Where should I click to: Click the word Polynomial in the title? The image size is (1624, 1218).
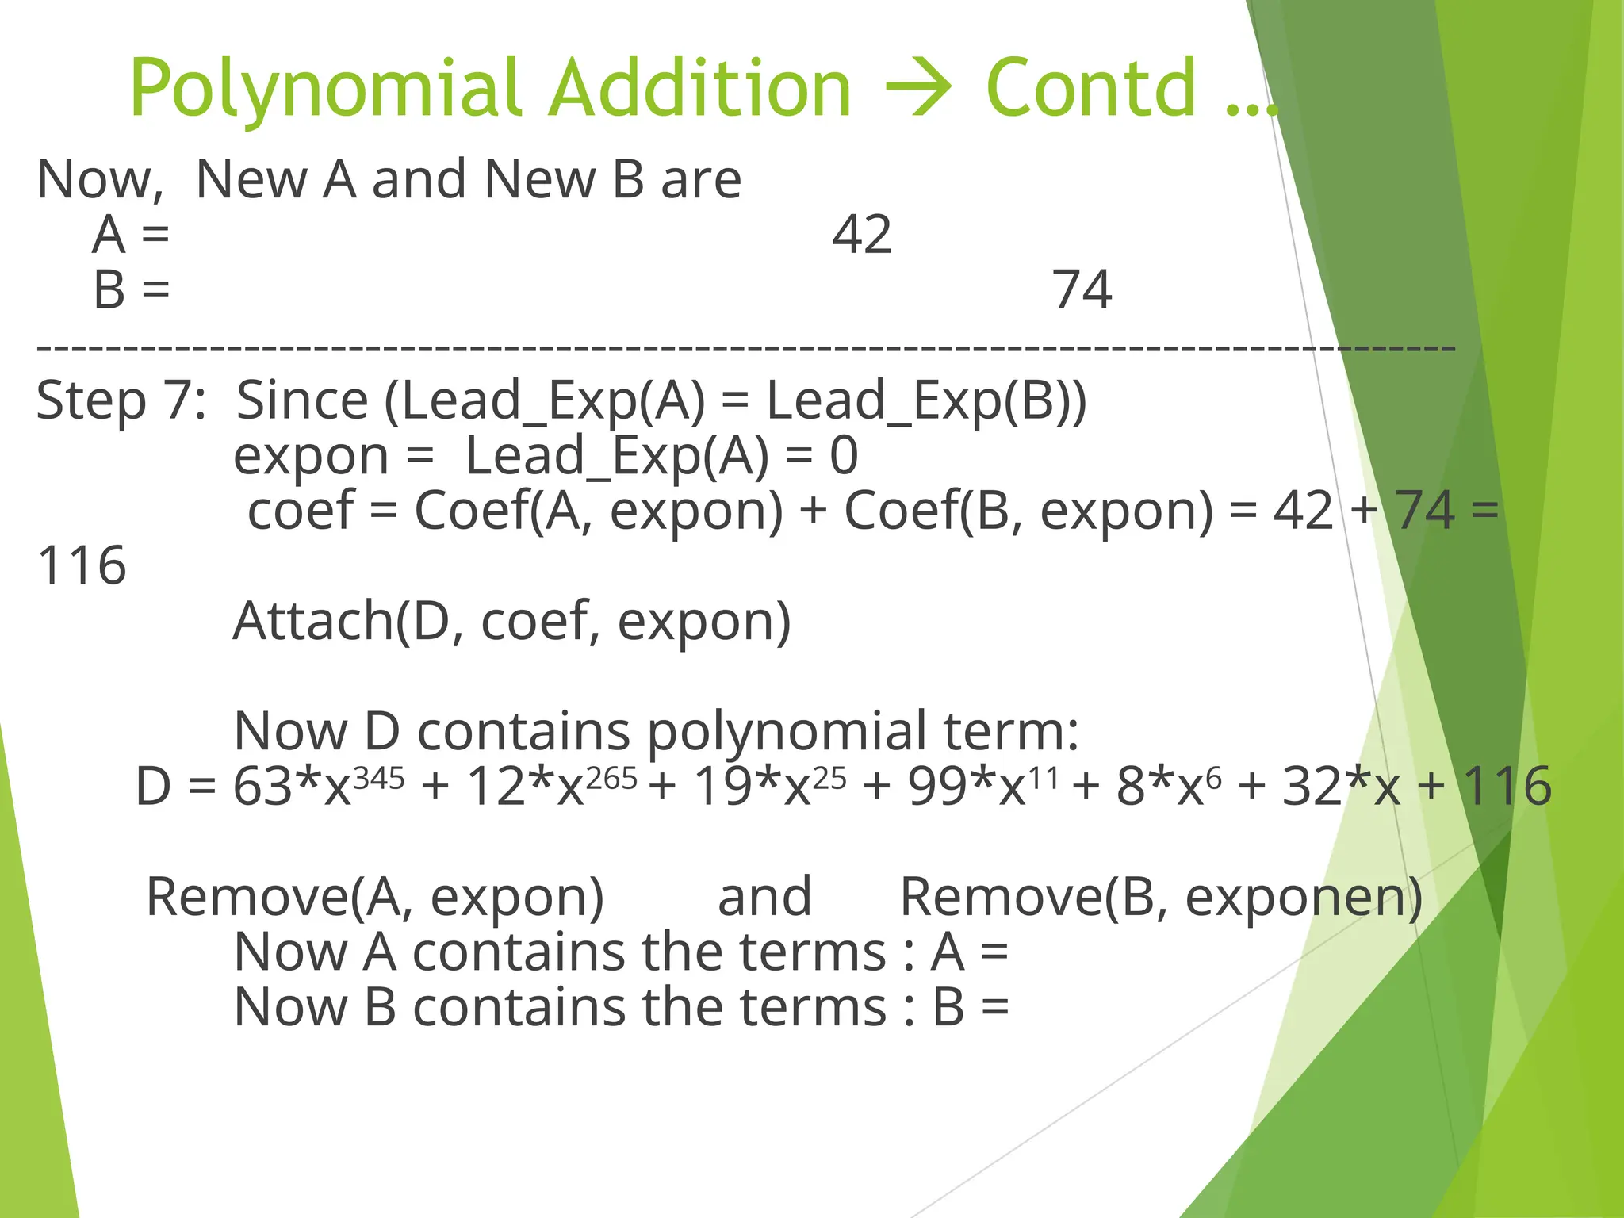(x=325, y=90)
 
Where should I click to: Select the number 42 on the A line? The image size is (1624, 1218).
(x=862, y=235)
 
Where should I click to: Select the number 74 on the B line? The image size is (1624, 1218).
(x=1082, y=289)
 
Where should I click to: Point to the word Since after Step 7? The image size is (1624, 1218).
(x=302, y=400)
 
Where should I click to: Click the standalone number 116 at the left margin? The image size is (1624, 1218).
(x=82, y=565)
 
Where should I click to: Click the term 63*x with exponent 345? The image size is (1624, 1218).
(x=317, y=786)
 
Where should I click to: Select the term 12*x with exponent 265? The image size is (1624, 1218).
(x=551, y=786)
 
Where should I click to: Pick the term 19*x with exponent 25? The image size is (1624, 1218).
(x=769, y=786)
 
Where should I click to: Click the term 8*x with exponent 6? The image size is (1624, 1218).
(x=1169, y=786)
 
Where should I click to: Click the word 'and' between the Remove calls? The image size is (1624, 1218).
(x=764, y=897)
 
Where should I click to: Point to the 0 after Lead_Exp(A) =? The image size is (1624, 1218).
(x=844, y=456)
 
